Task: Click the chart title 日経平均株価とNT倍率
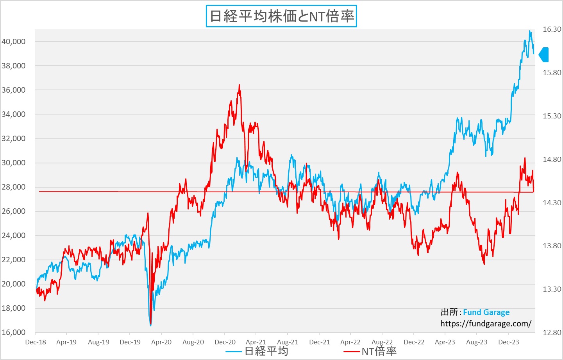coord(281,16)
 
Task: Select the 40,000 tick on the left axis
coord(13,41)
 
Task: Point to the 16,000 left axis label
coord(13,332)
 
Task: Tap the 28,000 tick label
coord(13,187)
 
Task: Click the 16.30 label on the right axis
coord(552,29)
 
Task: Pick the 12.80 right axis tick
coord(552,332)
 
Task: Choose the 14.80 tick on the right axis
coord(552,159)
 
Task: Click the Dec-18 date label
coord(36,342)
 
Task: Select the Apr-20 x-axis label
coord(161,342)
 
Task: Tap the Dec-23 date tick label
coord(508,342)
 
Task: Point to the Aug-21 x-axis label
coord(288,342)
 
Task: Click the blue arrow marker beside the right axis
coord(544,55)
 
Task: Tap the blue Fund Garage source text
coord(486,312)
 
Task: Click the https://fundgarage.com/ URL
coord(486,324)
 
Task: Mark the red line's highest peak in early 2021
coord(239,85)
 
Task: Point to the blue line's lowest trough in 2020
coord(150,325)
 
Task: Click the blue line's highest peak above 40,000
coord(530,31)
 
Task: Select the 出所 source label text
coord(449,312)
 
